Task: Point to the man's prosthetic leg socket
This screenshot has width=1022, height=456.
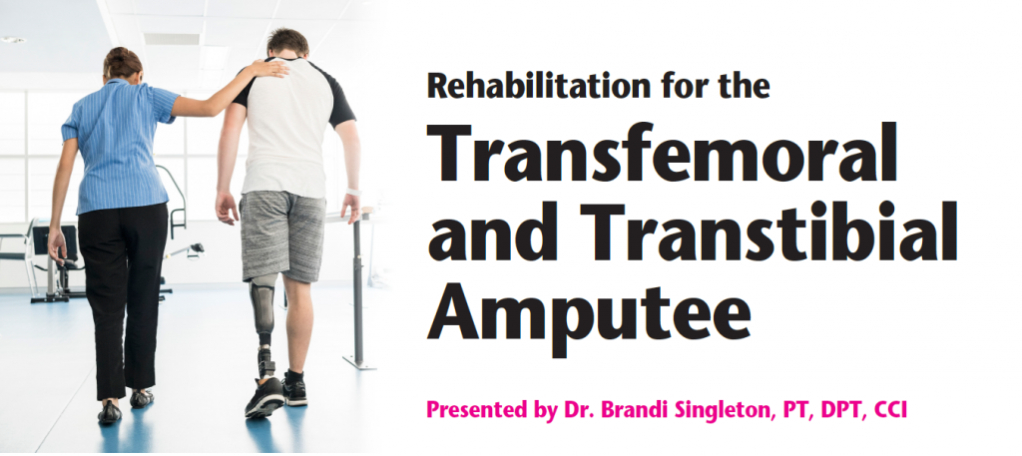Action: (x=263, y=303)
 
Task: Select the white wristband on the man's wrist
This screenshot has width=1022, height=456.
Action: (x=354, y=193)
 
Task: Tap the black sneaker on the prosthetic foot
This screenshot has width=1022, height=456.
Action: (x=264, y=396)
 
